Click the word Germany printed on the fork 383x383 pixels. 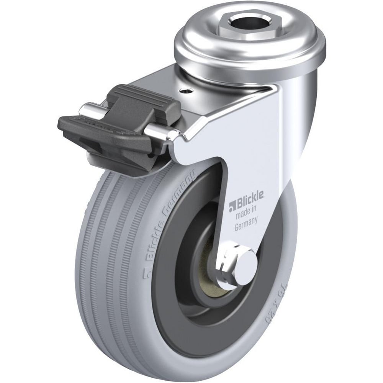click(x=245, y=223)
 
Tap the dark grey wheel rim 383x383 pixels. click(x=169, y=303)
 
